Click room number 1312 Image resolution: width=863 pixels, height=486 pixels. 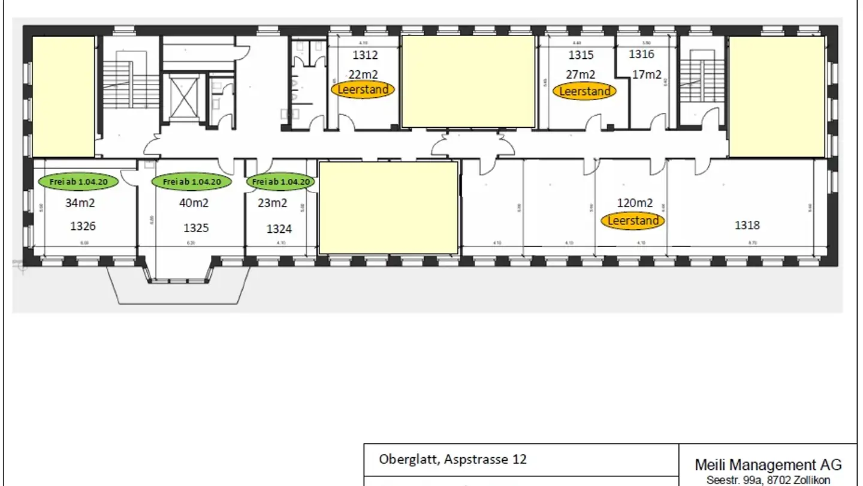tap(365, 56)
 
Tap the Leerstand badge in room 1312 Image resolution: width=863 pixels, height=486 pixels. tap(363, 90)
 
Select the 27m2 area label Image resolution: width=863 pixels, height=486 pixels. tap(581, 74)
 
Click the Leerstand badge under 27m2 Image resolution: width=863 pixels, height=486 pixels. tap(584, 91)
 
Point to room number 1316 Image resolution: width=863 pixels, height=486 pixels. tap(641, 55)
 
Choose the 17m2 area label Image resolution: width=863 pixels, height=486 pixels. tap(647, 74)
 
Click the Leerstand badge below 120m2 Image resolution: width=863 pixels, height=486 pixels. tap(633, 221)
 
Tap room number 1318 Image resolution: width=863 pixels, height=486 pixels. tap(747, 225)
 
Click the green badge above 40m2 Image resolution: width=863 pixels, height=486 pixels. tap(192, 181)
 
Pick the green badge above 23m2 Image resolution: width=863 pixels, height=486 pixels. tap(280, 181)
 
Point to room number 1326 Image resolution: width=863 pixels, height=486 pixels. tap(83, 226)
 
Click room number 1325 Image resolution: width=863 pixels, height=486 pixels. tap(196, 228)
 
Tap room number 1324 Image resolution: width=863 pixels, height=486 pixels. tap(279, 229)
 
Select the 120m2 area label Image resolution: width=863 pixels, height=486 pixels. tap(635, 203)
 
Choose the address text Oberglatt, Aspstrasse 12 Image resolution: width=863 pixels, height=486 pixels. tap(452, 459)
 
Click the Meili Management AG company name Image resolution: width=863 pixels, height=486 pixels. tap(768, 464)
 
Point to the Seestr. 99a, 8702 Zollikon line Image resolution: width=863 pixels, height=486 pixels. tap(768, 480)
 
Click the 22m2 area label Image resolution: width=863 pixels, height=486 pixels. tap(363, 74)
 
